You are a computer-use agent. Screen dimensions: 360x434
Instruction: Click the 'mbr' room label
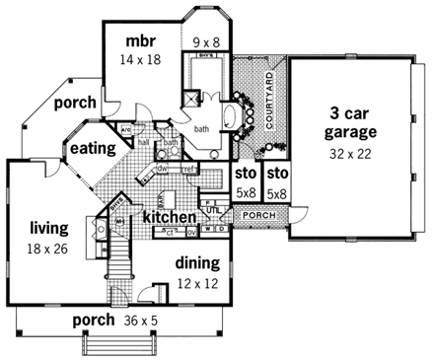136,40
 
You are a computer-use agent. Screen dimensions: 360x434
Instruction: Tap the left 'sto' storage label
245,174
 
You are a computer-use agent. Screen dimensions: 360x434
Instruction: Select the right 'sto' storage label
276,174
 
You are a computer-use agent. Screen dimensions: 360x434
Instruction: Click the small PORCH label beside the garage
259,215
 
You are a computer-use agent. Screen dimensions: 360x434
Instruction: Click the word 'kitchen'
170,216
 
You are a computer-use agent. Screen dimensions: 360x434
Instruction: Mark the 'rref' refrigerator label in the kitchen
187,169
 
